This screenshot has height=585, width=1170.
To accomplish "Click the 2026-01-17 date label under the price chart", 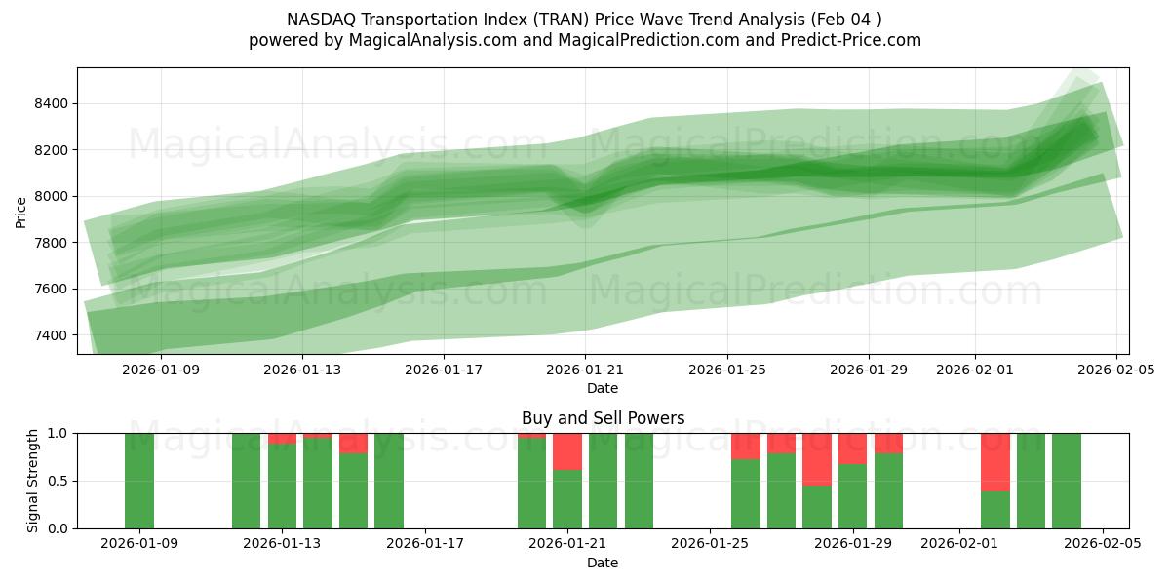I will click(x=444, y=370).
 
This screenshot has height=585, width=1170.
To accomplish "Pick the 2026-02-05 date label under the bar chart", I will click(x=1102, y=544).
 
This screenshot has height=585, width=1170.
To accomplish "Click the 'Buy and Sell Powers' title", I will click(x=603, y=418).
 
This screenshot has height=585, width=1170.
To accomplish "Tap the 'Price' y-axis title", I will click(x=21, y=211).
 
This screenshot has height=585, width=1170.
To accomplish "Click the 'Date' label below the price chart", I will click(x=603, y=388).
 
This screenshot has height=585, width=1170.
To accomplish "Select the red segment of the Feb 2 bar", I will click(x=994, y=462).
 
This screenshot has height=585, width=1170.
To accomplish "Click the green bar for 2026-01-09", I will click(x=139, y=481).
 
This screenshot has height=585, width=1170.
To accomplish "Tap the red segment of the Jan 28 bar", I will click(x=817, y=459).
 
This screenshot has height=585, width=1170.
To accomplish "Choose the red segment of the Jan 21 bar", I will click(x=567, y=451).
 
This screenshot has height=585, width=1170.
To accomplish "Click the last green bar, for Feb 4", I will click(x=1067, y=481).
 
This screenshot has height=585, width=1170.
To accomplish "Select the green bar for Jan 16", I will click(x=389, y=481).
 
